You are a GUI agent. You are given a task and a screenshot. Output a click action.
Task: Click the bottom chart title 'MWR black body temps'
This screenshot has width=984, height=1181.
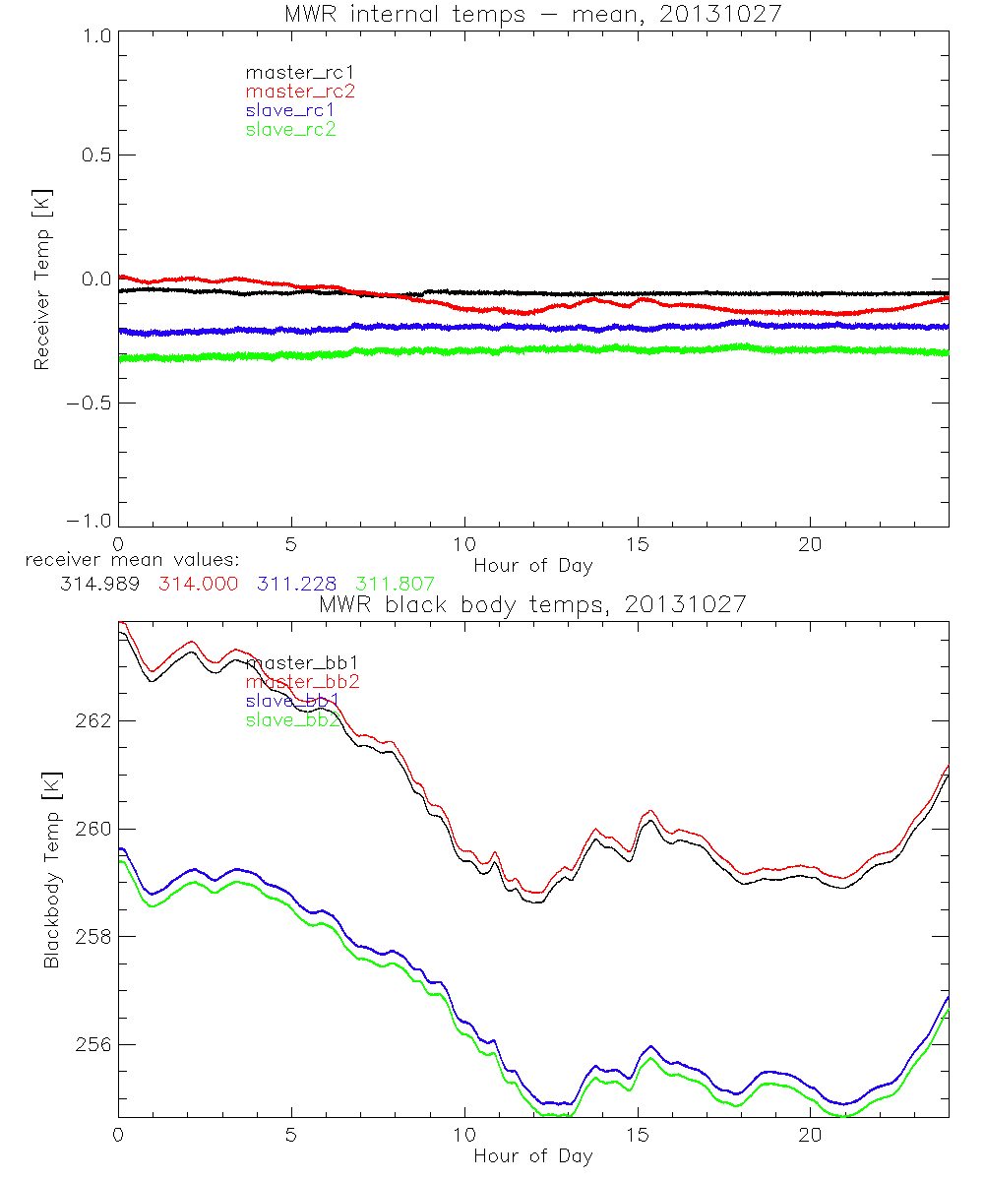coord(532,604)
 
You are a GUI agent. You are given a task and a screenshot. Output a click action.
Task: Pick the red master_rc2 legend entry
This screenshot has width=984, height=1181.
coord(299,92)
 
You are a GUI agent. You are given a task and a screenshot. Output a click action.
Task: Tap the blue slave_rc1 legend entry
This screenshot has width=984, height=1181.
coord(291,110)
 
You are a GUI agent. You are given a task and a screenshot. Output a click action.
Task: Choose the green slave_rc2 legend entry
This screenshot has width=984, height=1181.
coord(291,130)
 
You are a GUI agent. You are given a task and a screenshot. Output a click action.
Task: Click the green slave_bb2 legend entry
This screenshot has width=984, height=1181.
coord(293,720)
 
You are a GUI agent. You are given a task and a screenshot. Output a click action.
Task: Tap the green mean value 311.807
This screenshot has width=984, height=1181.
coord(395,584)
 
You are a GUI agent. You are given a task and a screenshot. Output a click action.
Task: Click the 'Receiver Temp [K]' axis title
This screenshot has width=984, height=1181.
coord(41,280)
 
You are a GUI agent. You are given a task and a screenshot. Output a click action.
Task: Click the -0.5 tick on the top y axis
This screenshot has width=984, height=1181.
coord(91,403)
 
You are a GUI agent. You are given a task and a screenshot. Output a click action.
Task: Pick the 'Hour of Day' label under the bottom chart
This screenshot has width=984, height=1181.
coord(532,1155)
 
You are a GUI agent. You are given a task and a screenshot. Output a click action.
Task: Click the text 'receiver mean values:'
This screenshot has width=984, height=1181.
coord(125,561)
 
